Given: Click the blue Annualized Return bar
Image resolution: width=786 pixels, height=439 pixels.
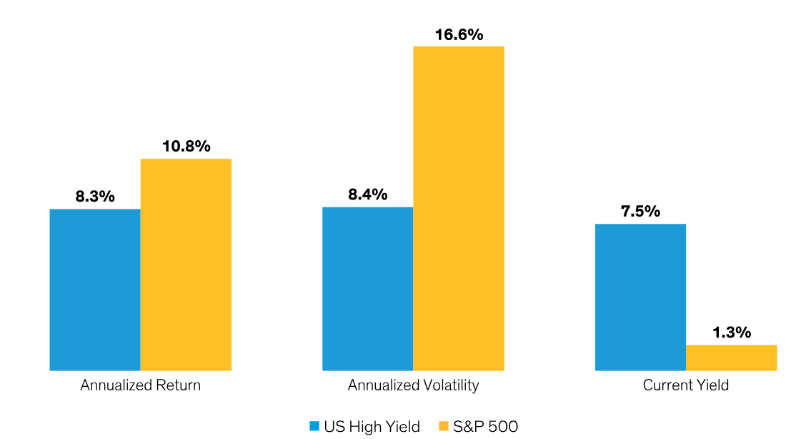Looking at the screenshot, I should click(x=94, y=290).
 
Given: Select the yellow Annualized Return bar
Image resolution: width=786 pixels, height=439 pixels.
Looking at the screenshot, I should click(x=186, y=265).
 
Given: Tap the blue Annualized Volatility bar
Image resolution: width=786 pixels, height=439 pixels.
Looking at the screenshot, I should click(x=367, y=289).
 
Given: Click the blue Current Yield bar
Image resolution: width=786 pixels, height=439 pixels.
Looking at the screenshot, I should click(x=640, y=297).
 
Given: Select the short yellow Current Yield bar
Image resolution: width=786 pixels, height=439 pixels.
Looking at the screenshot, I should click(x=731, y=357).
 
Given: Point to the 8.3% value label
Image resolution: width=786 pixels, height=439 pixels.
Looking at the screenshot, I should click(x=95, y=197).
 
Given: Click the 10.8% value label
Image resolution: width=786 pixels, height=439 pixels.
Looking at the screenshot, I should click(x=186, y=147).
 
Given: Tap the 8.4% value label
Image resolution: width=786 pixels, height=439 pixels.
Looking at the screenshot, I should click(x=367, y=194).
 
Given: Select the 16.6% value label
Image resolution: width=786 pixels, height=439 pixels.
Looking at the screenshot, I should click(x=459, y=34).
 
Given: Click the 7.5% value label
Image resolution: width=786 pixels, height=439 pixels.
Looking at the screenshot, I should click(x=640, y=212).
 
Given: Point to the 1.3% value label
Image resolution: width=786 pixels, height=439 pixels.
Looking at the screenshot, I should click(x=731, y=332).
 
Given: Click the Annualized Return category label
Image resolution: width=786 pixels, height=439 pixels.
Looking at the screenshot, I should click(x=140, y=385).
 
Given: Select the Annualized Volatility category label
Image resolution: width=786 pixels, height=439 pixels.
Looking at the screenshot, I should click(x=413, y=385).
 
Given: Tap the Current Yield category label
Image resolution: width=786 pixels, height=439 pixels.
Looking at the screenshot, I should click(x=685, y=385).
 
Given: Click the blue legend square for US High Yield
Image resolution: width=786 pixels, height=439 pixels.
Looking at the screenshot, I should click(x=314, y=426).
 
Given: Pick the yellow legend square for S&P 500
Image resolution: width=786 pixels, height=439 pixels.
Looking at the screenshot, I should click(x=443, y=426).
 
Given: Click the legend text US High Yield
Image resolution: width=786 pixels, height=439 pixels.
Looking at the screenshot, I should click(x=372, y=427).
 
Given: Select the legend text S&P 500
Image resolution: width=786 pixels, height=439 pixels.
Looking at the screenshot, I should click(x=485, y=427).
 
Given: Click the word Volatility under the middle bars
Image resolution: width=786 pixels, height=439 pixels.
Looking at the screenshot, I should click(x=449, y=385).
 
